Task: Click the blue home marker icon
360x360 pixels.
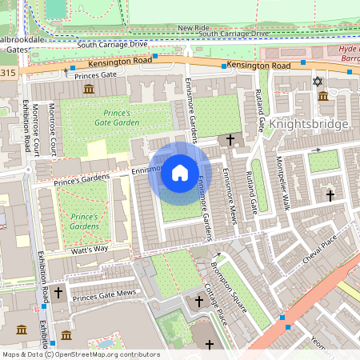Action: [x=179, y=172]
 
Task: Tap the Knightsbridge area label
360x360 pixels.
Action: [x=308, y=124]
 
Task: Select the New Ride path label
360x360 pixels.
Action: [x=193, y=27]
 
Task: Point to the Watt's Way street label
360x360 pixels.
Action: [x=90, y=250]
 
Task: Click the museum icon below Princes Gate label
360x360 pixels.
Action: [x=87, y=89]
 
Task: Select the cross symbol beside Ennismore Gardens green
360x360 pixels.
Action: [x=231, y=139]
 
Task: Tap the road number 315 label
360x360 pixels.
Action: [x=8, y=73]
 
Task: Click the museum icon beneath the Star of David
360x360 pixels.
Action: [x=323, y=96]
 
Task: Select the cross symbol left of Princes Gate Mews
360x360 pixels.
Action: [x=58, y=294]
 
